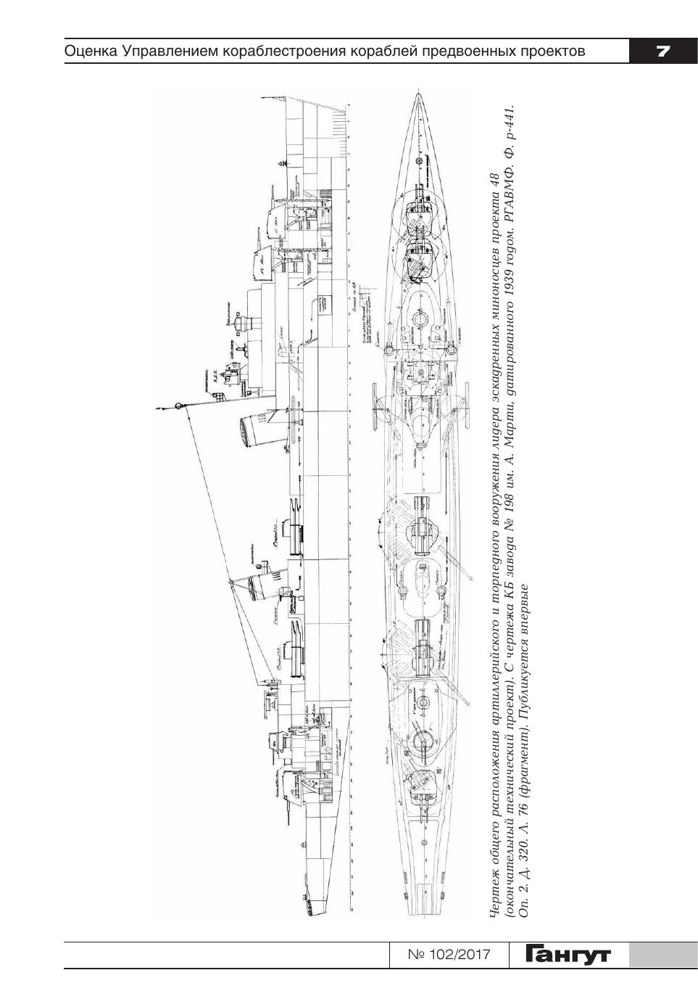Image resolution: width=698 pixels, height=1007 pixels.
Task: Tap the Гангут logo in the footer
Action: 570,954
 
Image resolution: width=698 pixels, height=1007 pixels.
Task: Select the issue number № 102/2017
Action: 449,955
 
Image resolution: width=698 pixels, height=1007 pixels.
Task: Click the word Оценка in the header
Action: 91,52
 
